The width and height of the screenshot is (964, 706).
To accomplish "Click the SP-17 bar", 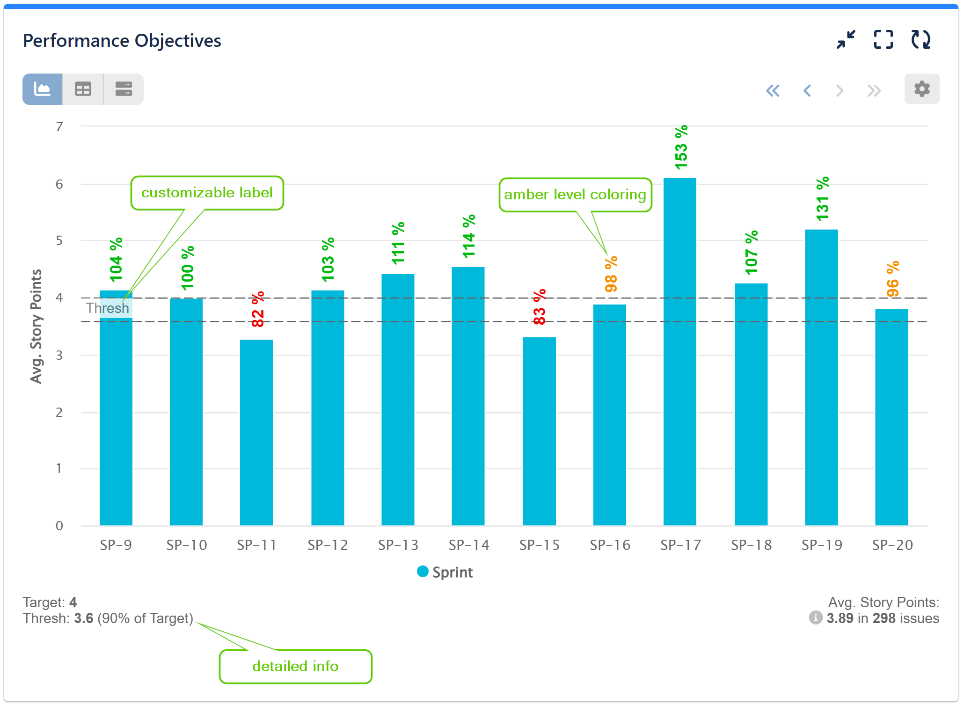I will coord(679,351).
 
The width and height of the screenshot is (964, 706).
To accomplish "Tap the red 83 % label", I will coord(539,307).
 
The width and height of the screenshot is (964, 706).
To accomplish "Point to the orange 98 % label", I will coord(611,274).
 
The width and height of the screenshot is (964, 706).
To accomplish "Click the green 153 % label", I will coord(681,147).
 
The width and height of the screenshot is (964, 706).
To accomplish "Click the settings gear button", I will coord(921,89).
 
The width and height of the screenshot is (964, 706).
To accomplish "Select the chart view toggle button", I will coord(43,89).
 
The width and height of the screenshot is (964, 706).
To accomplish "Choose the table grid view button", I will coord(83,89).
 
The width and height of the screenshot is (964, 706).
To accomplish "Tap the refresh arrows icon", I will coord(920,40).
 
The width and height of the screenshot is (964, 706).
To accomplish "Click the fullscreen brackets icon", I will coord(883,40).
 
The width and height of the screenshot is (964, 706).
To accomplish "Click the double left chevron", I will coord(773,90).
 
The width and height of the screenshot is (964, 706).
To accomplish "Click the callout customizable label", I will coord(207,193).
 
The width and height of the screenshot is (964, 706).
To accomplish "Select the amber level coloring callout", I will coord(575,195).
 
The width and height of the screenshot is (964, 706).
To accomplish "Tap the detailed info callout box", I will coord(295,666).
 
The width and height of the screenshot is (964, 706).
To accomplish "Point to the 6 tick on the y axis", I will coord(59,184).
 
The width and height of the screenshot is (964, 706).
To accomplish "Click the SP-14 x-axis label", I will coord(469,545).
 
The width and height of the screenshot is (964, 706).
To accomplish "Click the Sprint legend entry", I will coord(445,572).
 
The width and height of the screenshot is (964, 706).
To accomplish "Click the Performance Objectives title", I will coord(122,41).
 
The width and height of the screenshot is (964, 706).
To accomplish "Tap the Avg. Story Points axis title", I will coord(36,326).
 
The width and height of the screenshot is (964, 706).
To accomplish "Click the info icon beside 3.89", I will coord(815,618).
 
